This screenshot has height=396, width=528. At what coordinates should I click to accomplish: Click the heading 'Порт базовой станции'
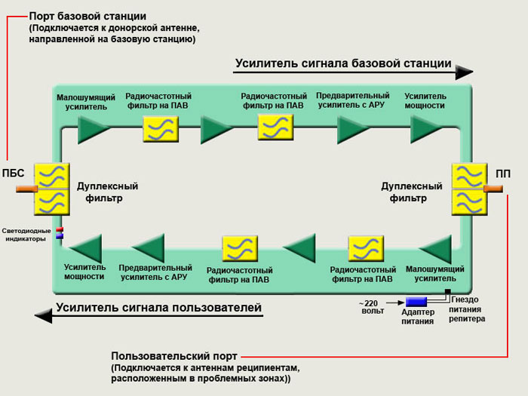click(87, 16)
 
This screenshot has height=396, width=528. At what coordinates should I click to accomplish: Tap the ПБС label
click(14, 174)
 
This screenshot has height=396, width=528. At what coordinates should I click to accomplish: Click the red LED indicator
click(60, 230)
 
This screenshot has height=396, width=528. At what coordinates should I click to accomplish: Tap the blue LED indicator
click(60, 236)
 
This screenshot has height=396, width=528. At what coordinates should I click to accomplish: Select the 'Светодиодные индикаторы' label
click(27, 234)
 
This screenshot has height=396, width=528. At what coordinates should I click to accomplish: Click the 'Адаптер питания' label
click(417, 317)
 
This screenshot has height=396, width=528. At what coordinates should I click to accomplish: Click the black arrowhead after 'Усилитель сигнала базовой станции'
click(465, 72)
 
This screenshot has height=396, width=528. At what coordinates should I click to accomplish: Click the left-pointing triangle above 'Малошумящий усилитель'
click(435, 248)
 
